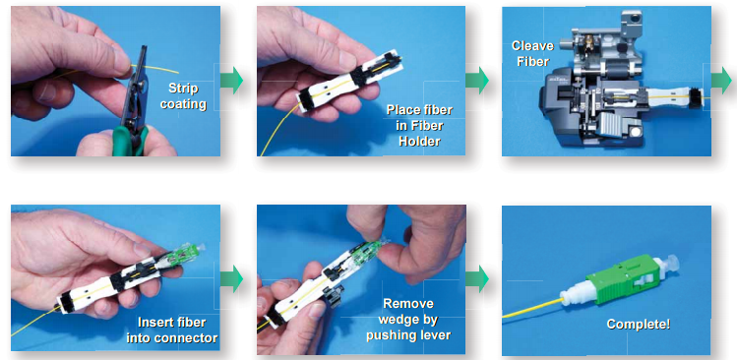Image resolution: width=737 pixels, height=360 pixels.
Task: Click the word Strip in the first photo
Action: (183, 89)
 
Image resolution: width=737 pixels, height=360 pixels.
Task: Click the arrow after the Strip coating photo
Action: (231, 81)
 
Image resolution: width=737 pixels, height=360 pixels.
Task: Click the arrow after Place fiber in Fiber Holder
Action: (477, 81)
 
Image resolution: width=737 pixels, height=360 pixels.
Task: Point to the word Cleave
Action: (532, 46)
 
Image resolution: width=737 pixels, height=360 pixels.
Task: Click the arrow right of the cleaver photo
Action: (721, 81)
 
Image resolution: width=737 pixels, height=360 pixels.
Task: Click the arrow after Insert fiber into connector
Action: (231, 278)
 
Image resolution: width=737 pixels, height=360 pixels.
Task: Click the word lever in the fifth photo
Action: (436, 335)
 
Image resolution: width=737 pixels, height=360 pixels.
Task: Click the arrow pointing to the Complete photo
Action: (477, 278)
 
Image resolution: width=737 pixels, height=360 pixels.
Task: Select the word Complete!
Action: (639, 325)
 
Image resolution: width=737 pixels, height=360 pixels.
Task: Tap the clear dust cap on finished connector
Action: (659, 268)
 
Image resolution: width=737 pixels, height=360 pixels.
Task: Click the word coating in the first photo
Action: (183, 104)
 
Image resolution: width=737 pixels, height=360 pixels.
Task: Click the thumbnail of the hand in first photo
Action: (122, 60)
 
